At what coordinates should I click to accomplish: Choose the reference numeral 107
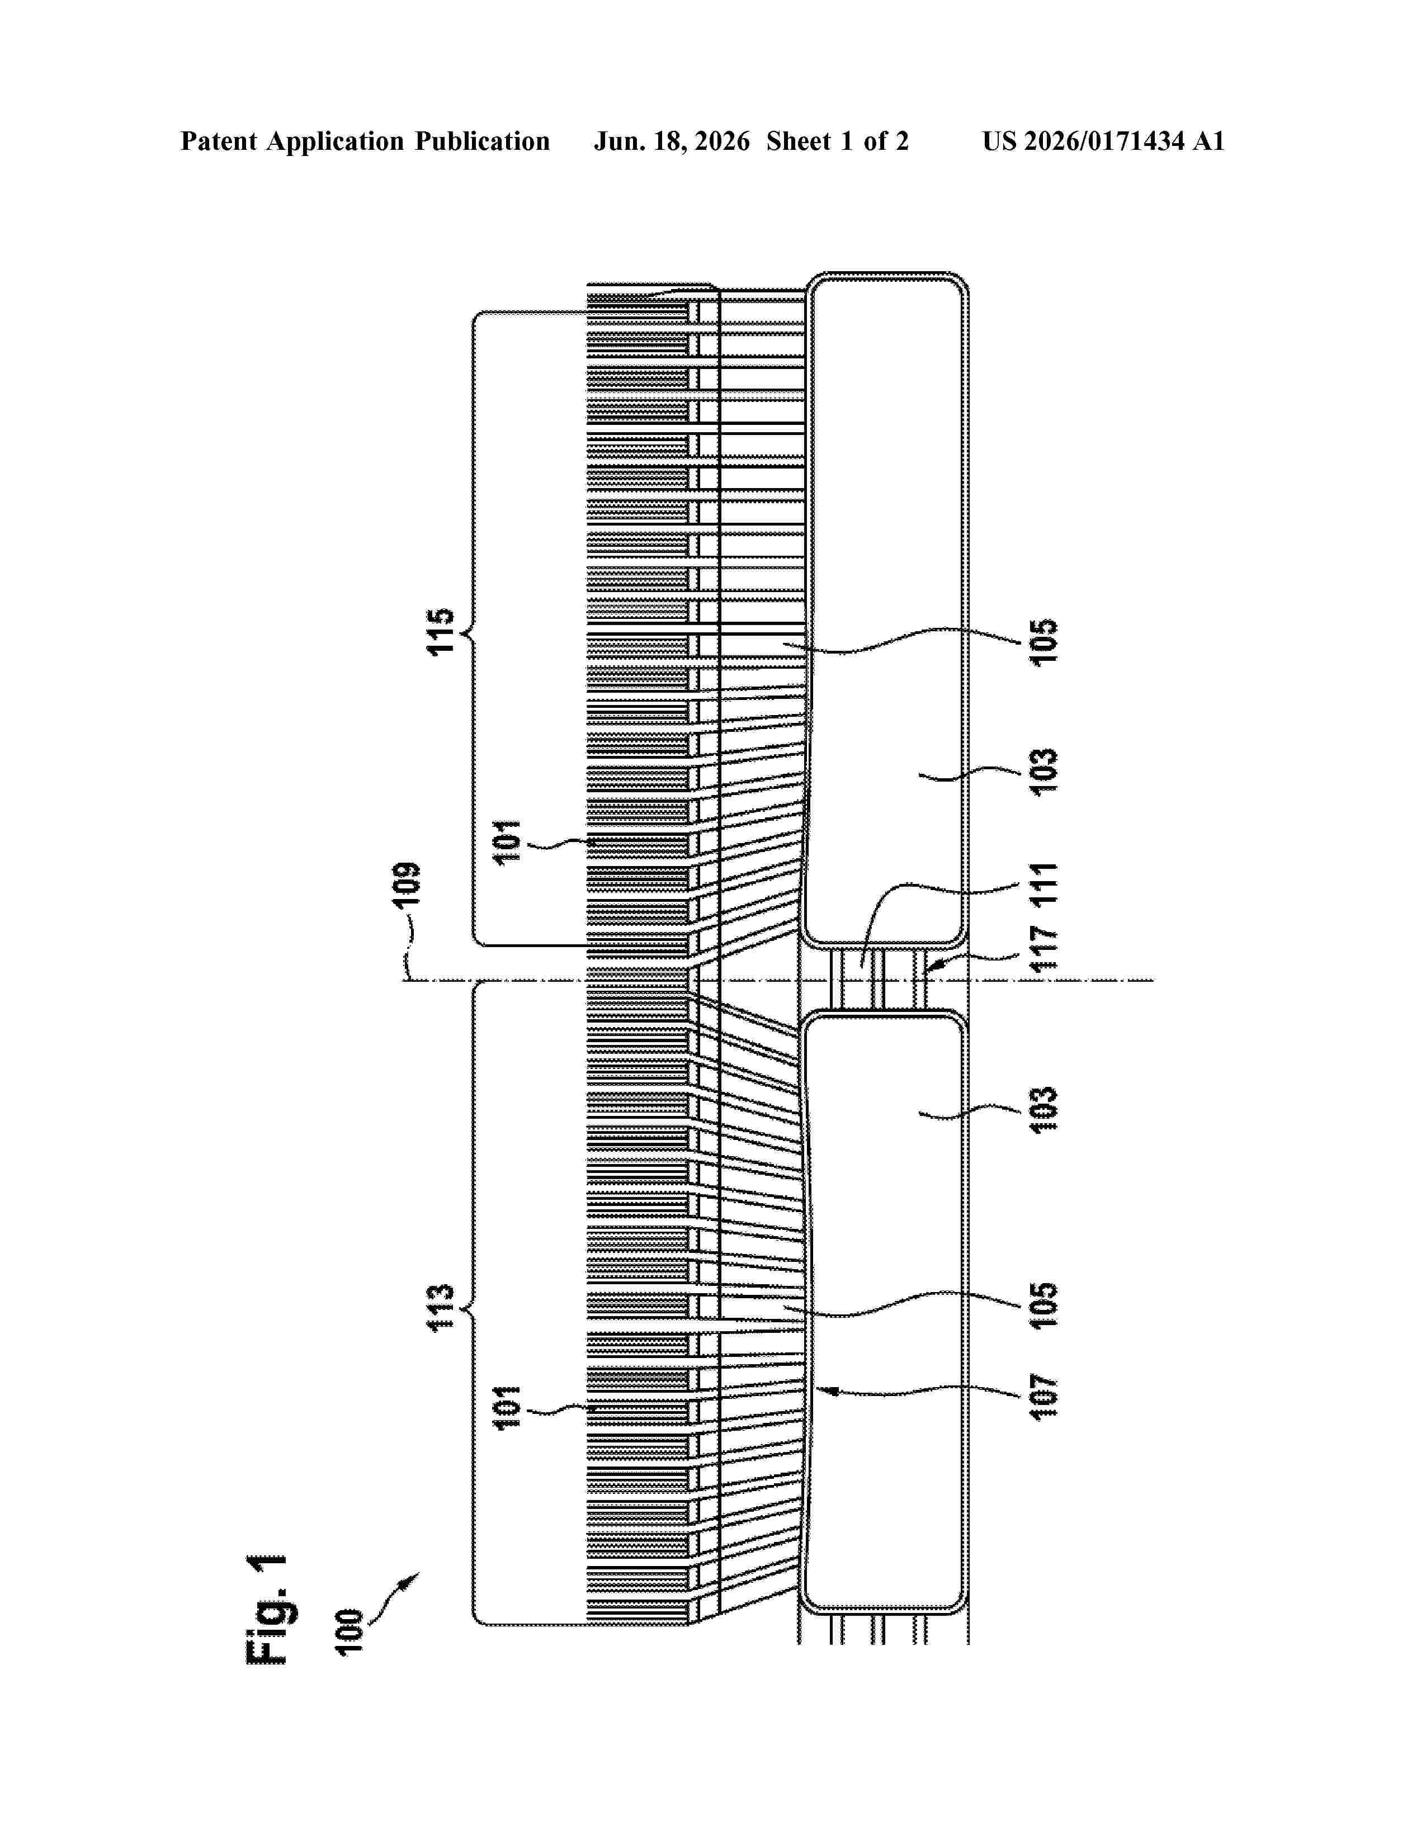(1044, 1397)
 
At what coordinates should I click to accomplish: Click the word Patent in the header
(219, 141)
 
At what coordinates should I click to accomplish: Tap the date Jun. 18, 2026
(672, 141)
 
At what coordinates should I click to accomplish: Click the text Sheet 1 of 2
(837, 141)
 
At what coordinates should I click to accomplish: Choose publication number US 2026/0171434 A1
(1103, 141)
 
